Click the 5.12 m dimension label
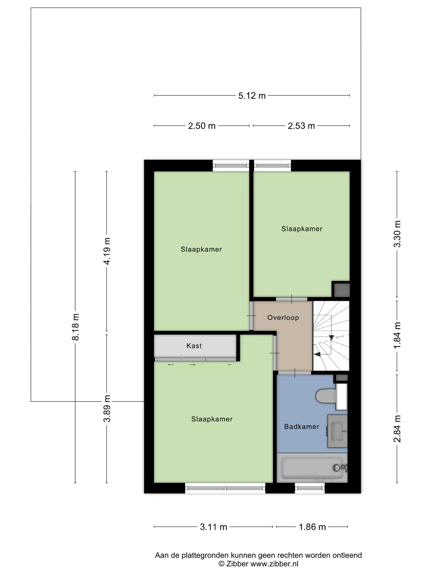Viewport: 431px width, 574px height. pos(252,96)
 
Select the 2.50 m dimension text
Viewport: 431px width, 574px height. pos(202,126)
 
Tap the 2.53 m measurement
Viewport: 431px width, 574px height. pos(301,126)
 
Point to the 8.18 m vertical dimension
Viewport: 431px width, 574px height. pos(75,327)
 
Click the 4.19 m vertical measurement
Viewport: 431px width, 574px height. pos(107,251)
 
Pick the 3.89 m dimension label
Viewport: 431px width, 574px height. pos(107,408)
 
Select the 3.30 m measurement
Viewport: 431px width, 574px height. pos(397,234)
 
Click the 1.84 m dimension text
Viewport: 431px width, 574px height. pos(397,335)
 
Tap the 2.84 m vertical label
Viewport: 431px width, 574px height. pos(397,429)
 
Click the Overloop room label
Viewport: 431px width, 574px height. pos(283,317)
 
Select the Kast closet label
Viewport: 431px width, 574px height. pos(194,346)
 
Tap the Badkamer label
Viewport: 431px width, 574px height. pos(302,427)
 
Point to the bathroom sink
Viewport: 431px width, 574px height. pos(337,431)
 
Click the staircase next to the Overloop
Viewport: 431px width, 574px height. pos(331,336)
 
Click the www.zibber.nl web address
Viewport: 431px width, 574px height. pos(274,564)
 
